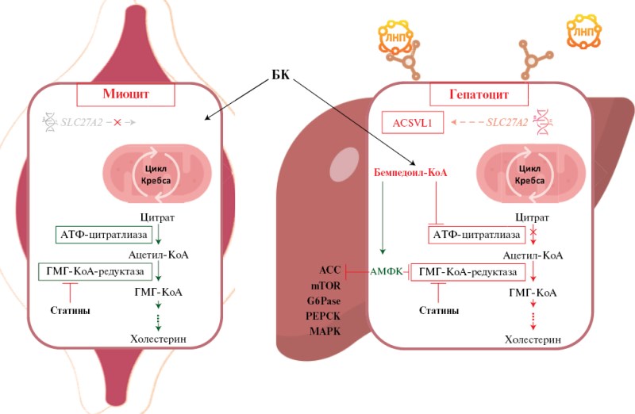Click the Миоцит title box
click(126, 94)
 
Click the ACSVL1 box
click(410, 123)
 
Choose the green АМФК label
click(387, 272)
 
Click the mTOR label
click(326, 286)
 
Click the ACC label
click(328, 270)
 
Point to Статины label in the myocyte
click(67, 310)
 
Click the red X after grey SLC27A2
click(117, 123)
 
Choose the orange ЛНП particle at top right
click(582, 33)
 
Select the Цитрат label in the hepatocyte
click(533, 216)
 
